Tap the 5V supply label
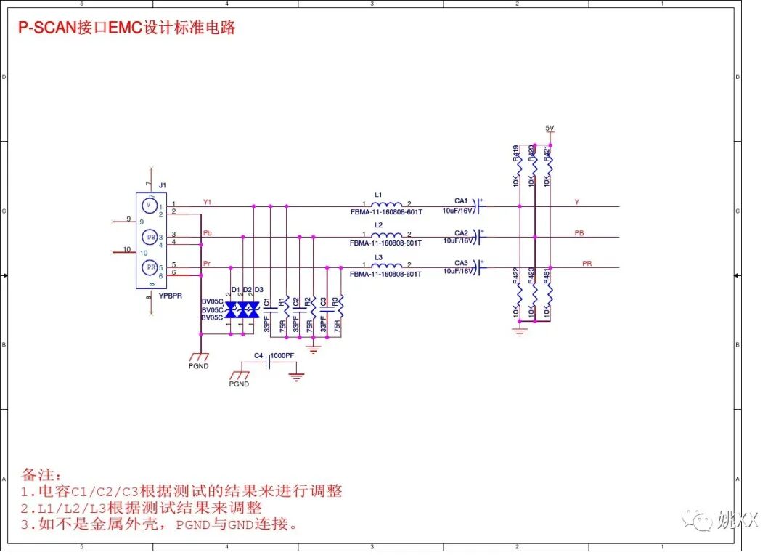click(550, 129)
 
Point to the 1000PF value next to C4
click(282, 356)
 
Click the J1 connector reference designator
click(162, 186)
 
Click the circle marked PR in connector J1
click(150, 267)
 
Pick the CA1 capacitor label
click(461, 201)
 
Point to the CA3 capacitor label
click(461, 263)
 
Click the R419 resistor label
click(516, 153)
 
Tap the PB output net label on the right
click(579, 233)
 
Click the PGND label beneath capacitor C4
click(239, 384)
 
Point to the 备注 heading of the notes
click(38, 475)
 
